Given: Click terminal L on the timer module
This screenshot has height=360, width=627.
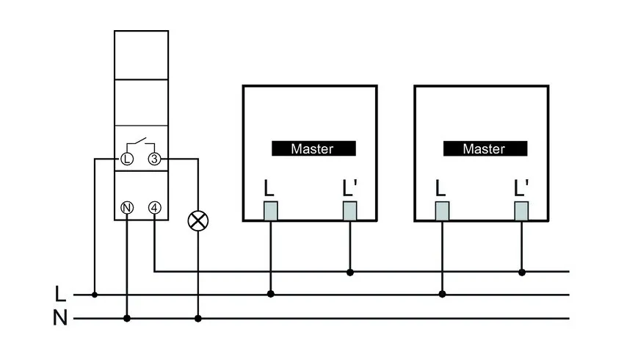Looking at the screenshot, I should click(127, 159).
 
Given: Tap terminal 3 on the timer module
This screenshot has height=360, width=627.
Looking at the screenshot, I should click(154, 159).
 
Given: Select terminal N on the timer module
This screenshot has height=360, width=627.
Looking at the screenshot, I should click(127, 207).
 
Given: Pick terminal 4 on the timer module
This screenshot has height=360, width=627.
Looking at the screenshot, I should click(154, 207).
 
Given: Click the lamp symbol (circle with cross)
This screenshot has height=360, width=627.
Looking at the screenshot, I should click(197, 221).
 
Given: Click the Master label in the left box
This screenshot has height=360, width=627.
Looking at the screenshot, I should click(312, 148).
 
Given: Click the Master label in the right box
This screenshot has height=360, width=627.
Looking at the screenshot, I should click(484, 148).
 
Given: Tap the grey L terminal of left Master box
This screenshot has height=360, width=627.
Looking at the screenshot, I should click(270, 211).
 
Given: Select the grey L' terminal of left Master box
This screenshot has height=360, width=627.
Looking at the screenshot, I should click(350, 211).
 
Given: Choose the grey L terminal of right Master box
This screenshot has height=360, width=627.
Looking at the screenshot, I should click(442, 211).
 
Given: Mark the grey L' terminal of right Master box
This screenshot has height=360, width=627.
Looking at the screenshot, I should click(522, 211).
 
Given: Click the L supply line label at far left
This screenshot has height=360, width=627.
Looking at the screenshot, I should click(61, 295).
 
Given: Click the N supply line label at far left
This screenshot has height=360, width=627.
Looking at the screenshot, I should click(61, 319).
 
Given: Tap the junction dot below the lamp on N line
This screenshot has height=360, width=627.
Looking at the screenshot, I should click(197, 319).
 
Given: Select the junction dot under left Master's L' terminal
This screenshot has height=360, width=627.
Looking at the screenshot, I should click(350, 272).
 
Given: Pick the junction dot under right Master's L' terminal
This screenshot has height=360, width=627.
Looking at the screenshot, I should click(522, 272).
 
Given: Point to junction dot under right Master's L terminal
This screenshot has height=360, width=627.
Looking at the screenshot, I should click(442, 295).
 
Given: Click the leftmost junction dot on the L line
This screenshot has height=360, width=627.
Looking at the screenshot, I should click(95, 295).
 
